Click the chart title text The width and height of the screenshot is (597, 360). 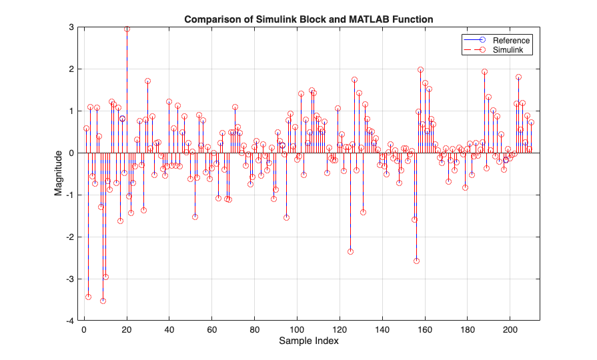coord(309,19)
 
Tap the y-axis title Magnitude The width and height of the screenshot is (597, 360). coord(59,174)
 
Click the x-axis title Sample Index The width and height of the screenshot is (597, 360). coord(309,341)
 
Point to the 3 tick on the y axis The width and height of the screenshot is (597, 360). coord(70,27)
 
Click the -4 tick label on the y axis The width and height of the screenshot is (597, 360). coord(69,321)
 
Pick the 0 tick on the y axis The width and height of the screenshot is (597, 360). coord(70,153)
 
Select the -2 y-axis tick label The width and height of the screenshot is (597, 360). coord(69,237)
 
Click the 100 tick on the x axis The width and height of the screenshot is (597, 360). coord(297,329)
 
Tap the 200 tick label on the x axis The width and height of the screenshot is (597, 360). coord(510,329)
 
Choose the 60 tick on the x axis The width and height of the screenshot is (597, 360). coord(211,329)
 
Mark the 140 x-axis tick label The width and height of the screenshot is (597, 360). coord(382,329)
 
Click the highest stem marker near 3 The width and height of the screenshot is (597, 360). coord(127,29)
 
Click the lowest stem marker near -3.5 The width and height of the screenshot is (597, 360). coord(103,301)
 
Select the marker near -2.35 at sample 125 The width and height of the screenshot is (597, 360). coord(350,251)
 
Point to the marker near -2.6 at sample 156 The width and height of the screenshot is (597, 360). coord(416,261)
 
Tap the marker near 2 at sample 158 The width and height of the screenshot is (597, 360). coord(420,69)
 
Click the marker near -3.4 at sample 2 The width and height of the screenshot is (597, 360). coord(88,297)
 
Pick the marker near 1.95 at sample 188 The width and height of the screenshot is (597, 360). coord(484,71)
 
